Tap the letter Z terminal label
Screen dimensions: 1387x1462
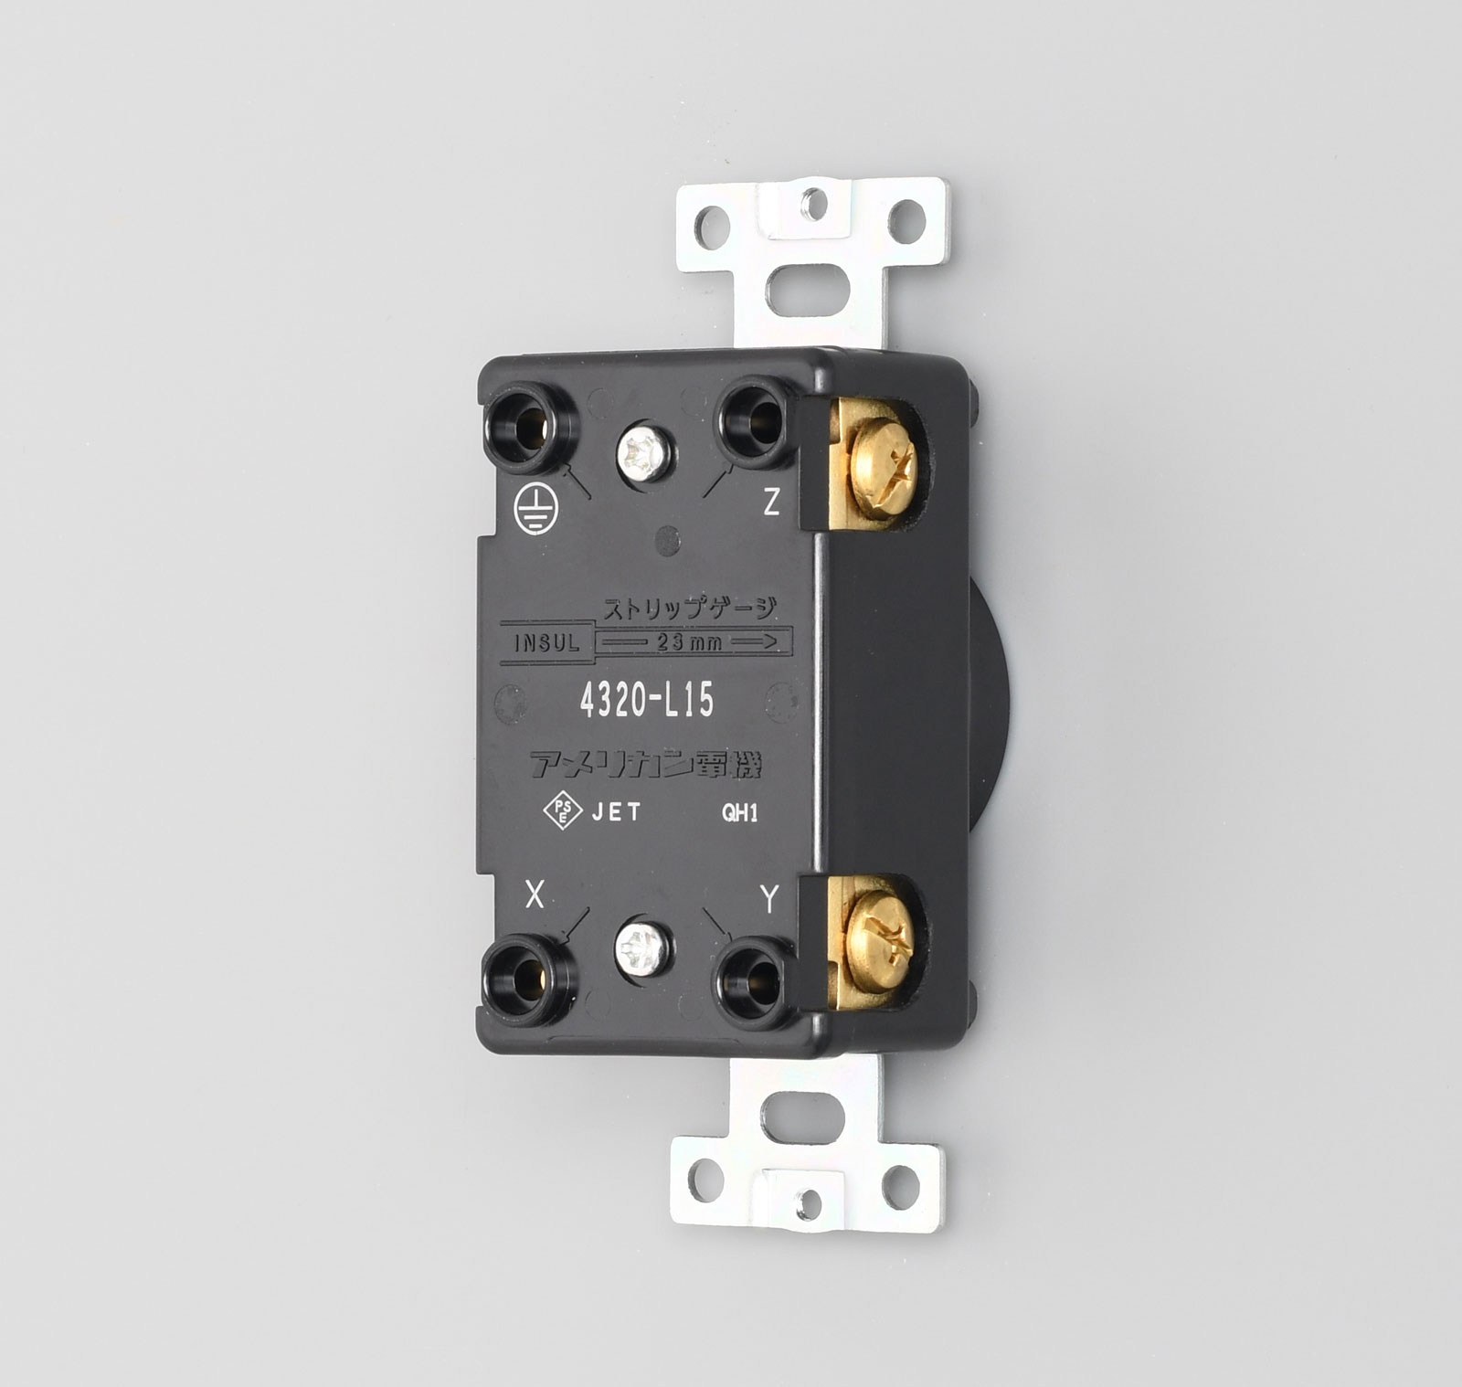[772, 502]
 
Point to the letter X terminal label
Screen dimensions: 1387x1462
[535, 896]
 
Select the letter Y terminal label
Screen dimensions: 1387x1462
[769, 900]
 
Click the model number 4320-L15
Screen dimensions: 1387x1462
[647, 701]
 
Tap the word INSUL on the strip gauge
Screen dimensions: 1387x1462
[547, 642]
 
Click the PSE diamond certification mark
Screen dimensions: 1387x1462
[562, 810]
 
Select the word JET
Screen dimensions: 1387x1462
[617, 811]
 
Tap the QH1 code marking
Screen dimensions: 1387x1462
[740, 812]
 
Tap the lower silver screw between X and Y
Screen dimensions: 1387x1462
[643, 948]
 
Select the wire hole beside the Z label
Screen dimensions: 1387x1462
[753, 420]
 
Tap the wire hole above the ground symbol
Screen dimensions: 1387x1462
[531, 426]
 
